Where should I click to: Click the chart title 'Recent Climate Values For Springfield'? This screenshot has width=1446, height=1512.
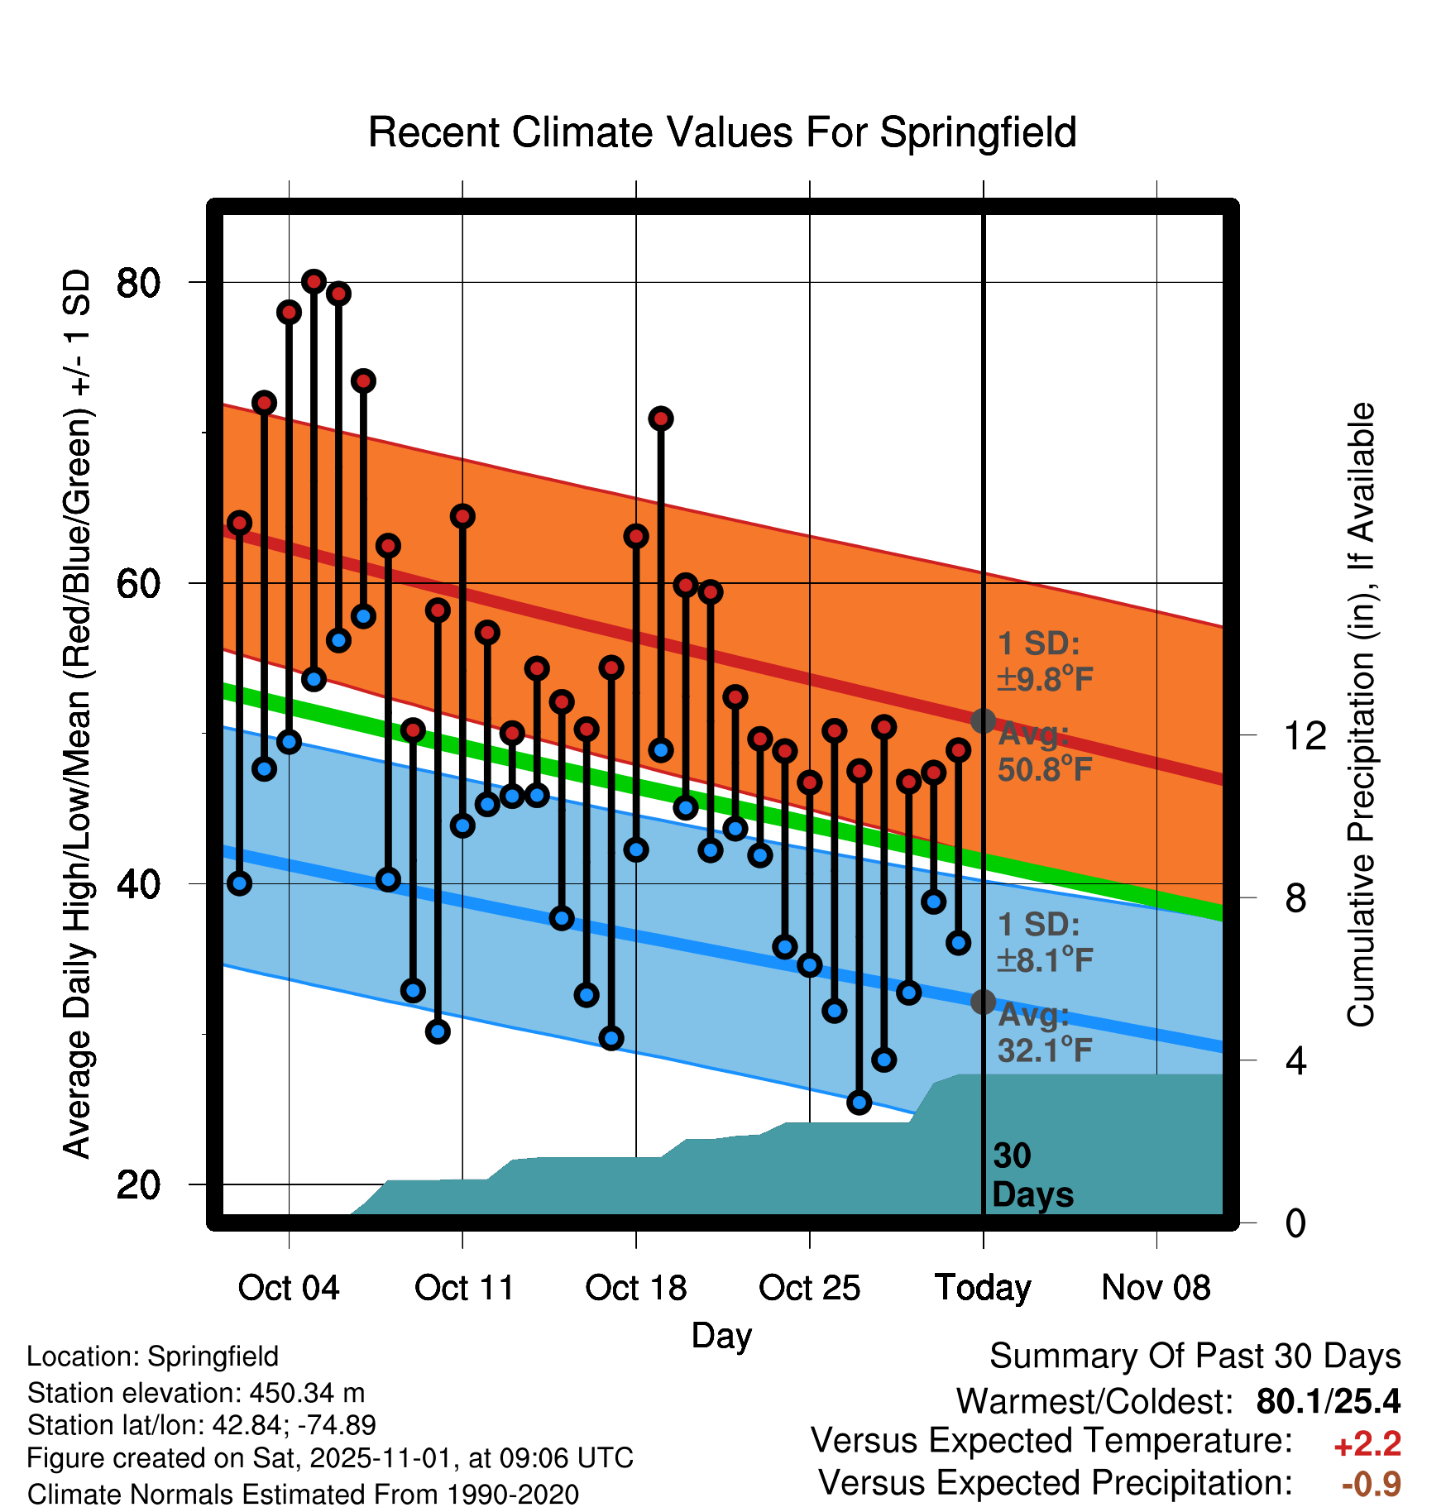tap(722, 132)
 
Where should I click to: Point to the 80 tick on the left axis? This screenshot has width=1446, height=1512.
tap(138, 283)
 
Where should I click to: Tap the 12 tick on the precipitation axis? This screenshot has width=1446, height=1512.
tap(1305, 735)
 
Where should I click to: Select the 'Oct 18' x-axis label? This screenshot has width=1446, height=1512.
tap(635, 1288)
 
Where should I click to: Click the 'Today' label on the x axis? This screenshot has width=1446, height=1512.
tap(983, 1288)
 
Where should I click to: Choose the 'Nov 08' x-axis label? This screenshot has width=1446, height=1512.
tap(1156, 1288)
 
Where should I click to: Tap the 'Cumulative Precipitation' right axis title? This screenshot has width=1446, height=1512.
tap(1361, 715)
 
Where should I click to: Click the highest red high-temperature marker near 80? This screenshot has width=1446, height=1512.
tap(314, 281)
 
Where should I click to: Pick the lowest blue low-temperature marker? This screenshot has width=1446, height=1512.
tap(859, 1102)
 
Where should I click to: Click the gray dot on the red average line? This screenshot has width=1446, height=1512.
tap(983, 721)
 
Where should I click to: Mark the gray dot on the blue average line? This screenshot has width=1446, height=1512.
tap(983, 1002)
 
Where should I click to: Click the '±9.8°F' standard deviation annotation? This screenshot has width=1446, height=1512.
tap(1045, 680)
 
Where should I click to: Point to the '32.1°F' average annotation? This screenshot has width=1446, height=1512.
tap(1045, 1050)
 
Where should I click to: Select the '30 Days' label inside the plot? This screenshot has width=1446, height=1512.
tap(1032, 1175)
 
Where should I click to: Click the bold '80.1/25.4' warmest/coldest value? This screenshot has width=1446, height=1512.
tap(1328, 1401)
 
